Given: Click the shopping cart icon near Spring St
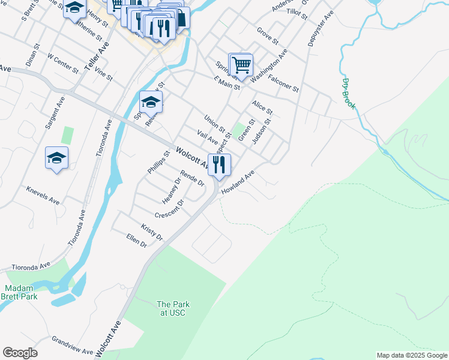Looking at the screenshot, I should tap(241, 64).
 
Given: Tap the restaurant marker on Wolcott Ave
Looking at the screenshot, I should tap(219, 164).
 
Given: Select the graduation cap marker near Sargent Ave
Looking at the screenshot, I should tap(57, 158).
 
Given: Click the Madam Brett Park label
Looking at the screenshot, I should tap(22, 292).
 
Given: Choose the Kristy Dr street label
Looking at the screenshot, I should tap(152, 232).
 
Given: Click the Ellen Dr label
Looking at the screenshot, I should tap(136, 241).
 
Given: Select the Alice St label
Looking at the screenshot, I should tap(262, 107).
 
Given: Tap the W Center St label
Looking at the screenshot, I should tap(63, 64).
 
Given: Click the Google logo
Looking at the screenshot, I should tap(20, 353).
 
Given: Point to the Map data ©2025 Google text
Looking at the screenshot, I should tap(412, 355).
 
